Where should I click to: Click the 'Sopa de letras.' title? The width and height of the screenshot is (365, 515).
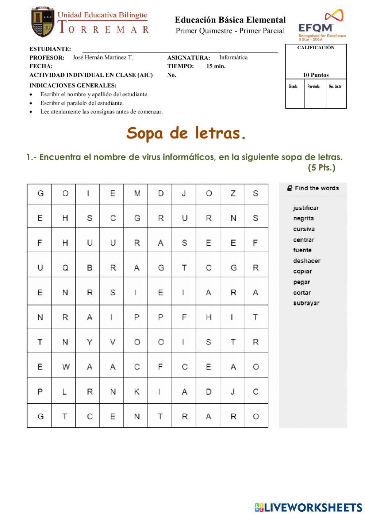pos(186,133)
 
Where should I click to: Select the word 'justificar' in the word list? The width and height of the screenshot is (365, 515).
pos(306,208)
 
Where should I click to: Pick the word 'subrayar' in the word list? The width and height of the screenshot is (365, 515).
pos(306,303)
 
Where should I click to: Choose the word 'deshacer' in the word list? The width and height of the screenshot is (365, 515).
pos(307,261)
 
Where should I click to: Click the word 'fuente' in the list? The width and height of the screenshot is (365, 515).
pos(302,250)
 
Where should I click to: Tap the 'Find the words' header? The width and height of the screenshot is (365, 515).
pos(316,188)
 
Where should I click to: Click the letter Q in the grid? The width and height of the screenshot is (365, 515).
pos(65,268)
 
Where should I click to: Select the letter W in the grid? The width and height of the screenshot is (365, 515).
pos(65,367)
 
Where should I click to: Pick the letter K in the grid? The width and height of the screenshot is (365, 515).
pos(137,392)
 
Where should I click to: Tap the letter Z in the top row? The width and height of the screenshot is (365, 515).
pos(233,194)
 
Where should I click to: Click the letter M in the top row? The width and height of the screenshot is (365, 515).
pos(137,194)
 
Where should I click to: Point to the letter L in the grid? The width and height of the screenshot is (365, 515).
pos(65,392)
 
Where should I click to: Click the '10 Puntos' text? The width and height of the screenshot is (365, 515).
pos(316,75)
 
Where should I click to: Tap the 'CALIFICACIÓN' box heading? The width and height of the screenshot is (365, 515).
pos(316,48)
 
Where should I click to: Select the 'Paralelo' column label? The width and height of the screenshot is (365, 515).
pos(314,86)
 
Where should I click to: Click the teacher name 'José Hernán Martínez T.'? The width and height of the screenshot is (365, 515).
pos(103,58)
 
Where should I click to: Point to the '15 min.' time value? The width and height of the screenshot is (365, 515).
pos(216,66)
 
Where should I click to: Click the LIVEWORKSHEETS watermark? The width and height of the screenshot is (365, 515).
pos(308,507)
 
